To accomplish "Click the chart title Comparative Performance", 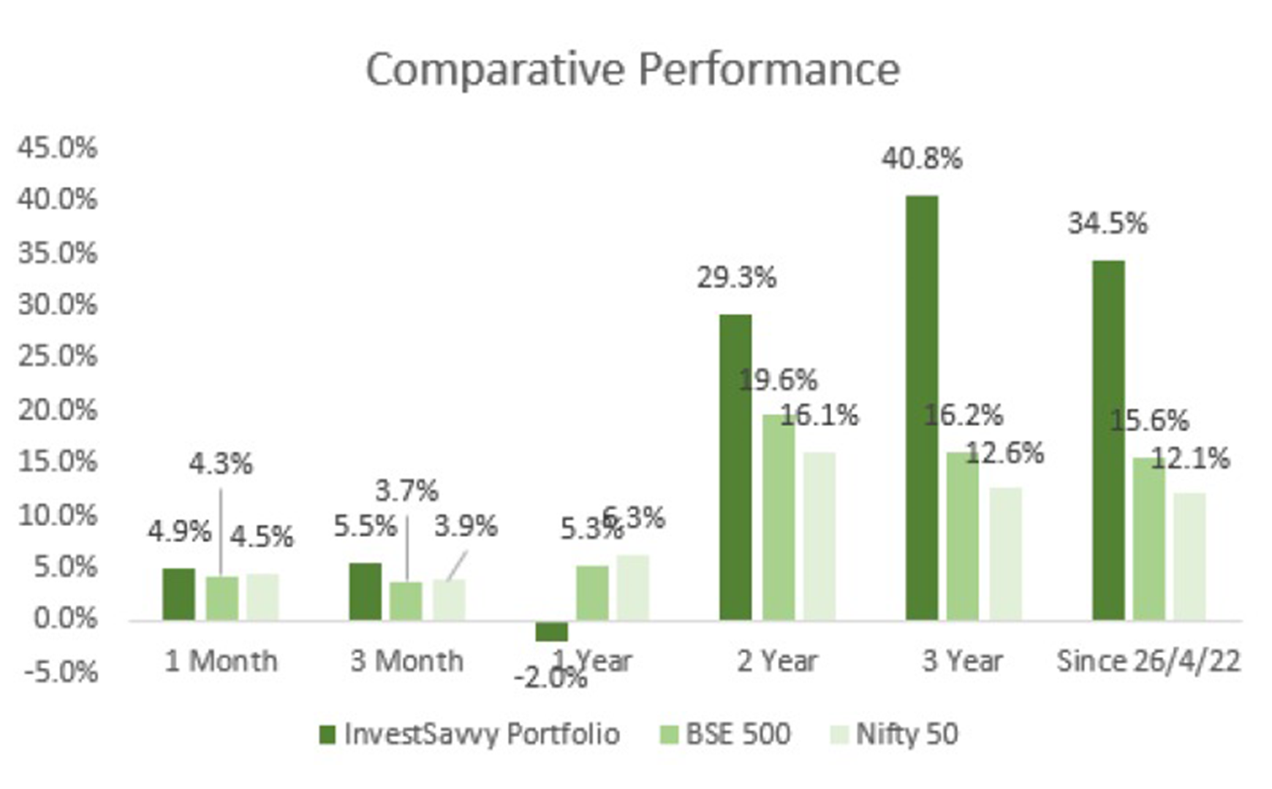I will pos(632,70).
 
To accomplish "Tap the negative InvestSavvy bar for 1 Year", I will pos(551,631).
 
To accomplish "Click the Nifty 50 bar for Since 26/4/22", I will pos(1189,557).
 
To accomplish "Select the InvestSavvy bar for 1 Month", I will pos(178,594).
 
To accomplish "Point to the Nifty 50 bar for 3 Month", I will pos(449,600).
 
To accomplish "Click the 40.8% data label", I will pos(921,159).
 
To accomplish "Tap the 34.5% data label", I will pos(1108,224).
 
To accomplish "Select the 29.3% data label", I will pos(736,278).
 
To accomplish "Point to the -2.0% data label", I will pos(550,679).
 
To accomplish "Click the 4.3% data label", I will pos(220,464).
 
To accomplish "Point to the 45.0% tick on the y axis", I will pos(57,148).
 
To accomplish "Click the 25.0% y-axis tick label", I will pos(57,357).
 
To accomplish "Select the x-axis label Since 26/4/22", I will pos(1148,661).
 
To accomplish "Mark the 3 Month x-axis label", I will pos(406,661).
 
